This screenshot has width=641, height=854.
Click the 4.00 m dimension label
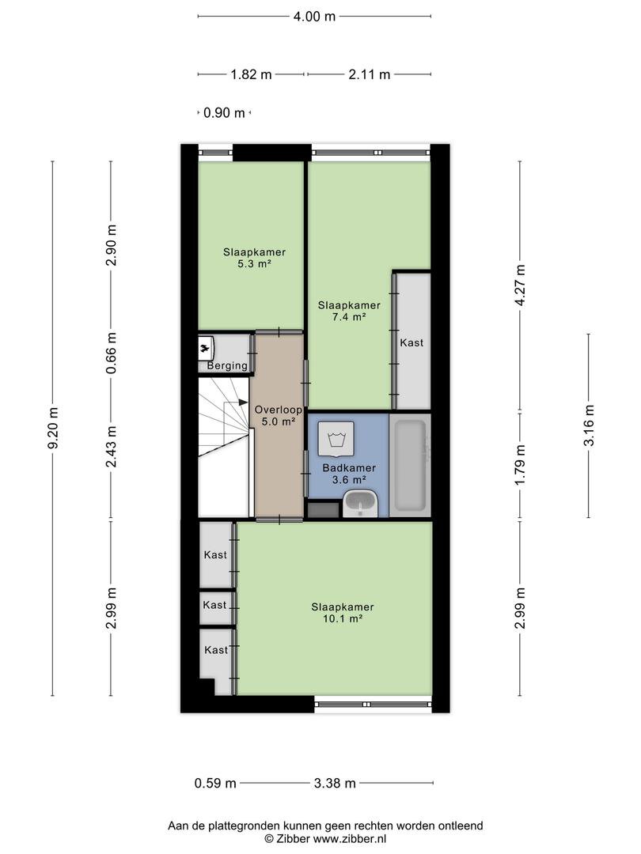314,17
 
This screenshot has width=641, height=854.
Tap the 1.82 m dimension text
251,74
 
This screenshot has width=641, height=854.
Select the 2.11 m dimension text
369,74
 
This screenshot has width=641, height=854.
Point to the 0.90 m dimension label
224,113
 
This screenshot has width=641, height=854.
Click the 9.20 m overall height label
53,428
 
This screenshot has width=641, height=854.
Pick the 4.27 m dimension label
520,285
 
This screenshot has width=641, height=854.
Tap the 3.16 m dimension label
589,425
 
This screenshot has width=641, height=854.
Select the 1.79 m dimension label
520,465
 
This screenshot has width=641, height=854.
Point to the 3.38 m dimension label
335,783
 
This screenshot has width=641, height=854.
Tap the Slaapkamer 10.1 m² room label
343,613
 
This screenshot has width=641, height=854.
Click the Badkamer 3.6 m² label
349,474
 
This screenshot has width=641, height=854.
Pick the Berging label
227,365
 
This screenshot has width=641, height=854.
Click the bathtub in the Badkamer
409,466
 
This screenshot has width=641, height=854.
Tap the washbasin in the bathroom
360,503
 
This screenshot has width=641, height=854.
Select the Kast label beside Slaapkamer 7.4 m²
412,342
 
